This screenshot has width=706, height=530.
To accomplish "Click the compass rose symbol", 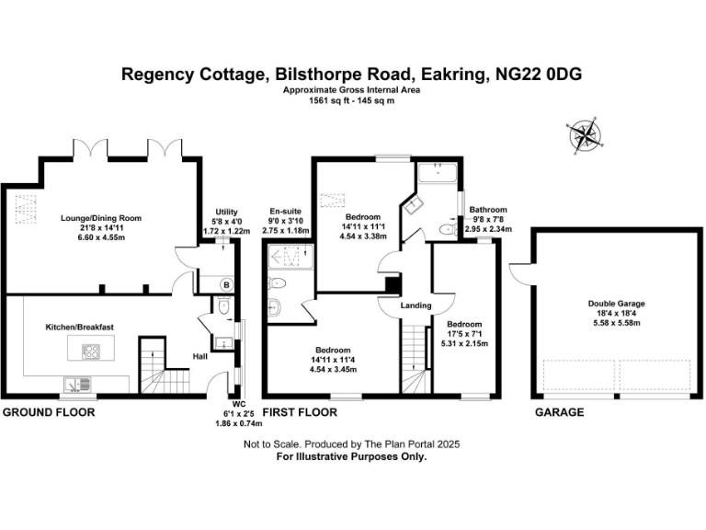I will pos(586,136).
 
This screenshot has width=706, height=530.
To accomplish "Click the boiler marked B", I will pos(223,284).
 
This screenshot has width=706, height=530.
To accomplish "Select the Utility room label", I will pos(226,212).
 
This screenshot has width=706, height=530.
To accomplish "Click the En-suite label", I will pos(286,212).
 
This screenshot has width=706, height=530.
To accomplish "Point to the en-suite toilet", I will pos(279,284).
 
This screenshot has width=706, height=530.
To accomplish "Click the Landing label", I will pos(416,306).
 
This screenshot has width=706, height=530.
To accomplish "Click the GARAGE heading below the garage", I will pos(560,412).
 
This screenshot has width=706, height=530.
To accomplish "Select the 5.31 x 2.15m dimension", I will pos(464,343).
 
